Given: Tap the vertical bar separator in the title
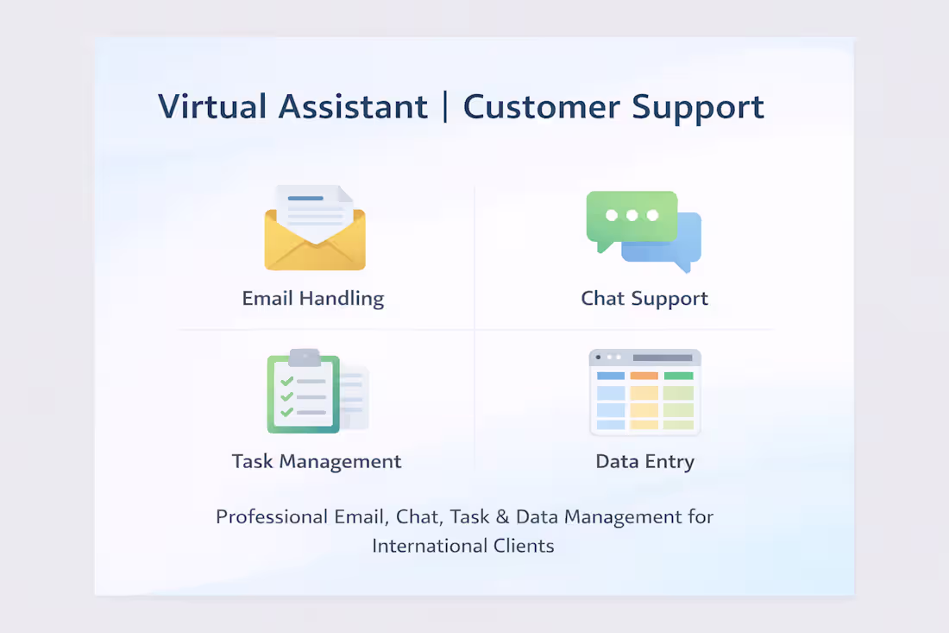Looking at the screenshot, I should coord(445,107).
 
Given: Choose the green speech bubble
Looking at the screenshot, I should coord(631,217).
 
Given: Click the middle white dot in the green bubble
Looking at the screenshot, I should coord(632,215).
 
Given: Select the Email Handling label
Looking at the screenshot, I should coord(313,299).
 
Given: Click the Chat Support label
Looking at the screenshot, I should coord(644,299).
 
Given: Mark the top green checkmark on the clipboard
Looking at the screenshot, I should coord(287,381).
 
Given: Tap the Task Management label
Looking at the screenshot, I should coord(317,461).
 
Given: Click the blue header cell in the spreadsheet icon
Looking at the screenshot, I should coord(611,376).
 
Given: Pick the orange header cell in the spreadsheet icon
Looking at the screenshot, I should coord(644,376).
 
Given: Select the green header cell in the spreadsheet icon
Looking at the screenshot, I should coord(679,376).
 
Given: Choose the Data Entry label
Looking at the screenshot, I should coord(644,461).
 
